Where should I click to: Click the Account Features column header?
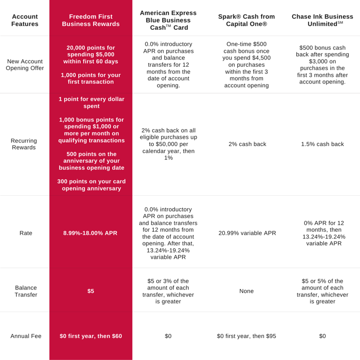click(25, 20)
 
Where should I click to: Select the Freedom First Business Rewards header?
click(91, 20)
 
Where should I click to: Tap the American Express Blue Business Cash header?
click(168, 20)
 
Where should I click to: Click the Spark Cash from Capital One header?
click(246, 20)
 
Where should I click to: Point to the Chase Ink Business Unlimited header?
click(323, 20)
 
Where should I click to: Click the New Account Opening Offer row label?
click(25, 65)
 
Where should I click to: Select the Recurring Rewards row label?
click(24, 144)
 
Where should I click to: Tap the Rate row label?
click(26, 233)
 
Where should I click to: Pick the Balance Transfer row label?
click(26, 291)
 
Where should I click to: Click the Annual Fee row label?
click(26, 336)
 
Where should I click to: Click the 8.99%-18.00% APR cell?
click(90, 233)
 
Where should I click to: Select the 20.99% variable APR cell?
click(247, 233)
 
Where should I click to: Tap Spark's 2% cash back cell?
click(247, 144)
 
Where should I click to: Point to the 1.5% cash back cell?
click(323, 144)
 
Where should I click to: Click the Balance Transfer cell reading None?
click(247, 291)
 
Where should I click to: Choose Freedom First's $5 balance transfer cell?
click(91, 291)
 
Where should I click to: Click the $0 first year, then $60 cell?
click(91, 336)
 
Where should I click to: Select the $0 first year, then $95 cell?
click(246, 336)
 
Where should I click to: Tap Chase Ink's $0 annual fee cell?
click(323, 336)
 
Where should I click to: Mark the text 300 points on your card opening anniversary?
click(91, 185)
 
